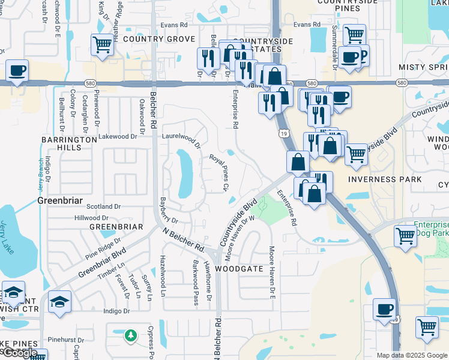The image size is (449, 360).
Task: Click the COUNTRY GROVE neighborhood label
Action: point(158,39)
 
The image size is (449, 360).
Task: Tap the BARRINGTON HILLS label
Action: point(69,143)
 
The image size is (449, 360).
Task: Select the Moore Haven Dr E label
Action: point(272,273)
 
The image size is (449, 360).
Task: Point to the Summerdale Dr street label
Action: point(334,39)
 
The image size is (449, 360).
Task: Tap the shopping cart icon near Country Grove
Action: point(103,44)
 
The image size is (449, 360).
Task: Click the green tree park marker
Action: point(131,335)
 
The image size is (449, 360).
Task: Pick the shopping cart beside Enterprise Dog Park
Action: point(406,235)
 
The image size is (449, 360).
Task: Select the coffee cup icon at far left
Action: point(17,70)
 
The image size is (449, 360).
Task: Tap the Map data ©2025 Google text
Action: point(412,355)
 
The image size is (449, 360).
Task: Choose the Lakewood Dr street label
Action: point(118,136)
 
